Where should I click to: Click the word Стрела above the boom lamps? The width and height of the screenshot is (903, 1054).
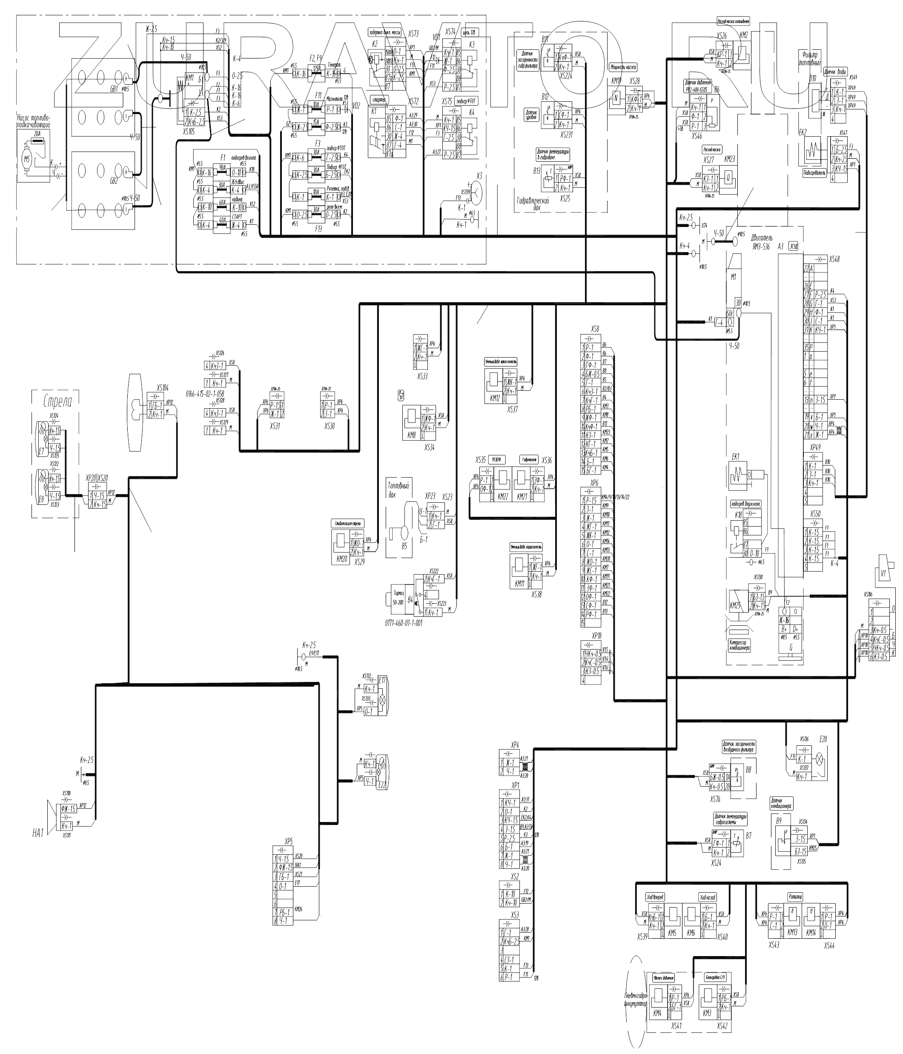coord(57,401)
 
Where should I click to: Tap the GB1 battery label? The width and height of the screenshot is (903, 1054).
coord(110,89)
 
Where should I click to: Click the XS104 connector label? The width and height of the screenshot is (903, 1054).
coord(162,387)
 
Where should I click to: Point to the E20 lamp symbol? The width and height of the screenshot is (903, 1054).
coord(820,760)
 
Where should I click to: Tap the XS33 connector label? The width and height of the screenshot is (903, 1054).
coord(422,376)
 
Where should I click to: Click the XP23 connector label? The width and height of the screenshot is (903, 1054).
coord(430,496)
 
